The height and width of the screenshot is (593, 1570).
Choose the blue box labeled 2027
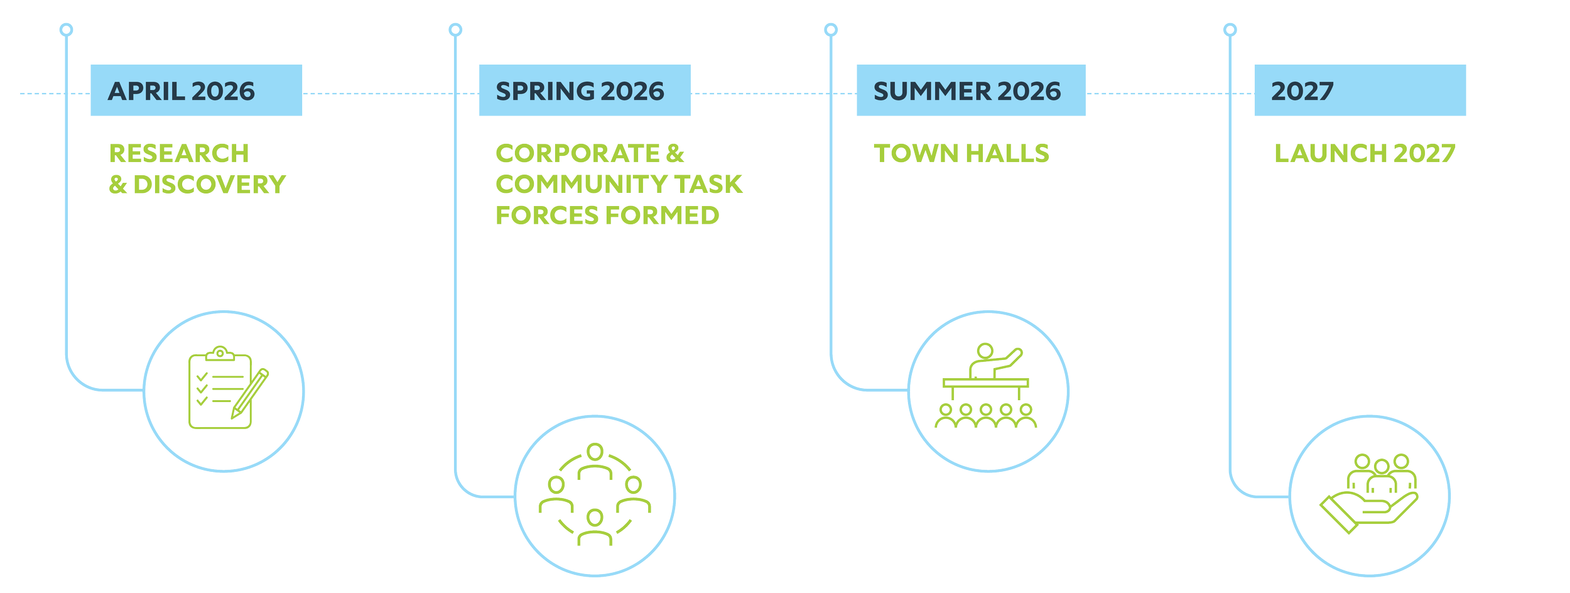[x=1360, y=91]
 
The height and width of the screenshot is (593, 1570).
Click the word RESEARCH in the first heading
[x=179, y=153]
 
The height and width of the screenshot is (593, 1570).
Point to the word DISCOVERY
[x=210, y=185]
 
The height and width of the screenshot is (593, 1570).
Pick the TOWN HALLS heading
[x=961, y=153]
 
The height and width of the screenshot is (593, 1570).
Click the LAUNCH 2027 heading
[x=1365, y=153]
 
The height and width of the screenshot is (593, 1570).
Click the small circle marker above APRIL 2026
[x=66, y=30]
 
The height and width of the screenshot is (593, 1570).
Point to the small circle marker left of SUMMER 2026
[x=831, y=30]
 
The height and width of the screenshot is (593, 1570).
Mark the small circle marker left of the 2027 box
[x=1230, y=30]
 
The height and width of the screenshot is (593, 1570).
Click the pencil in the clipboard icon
[x=250, y=393]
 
